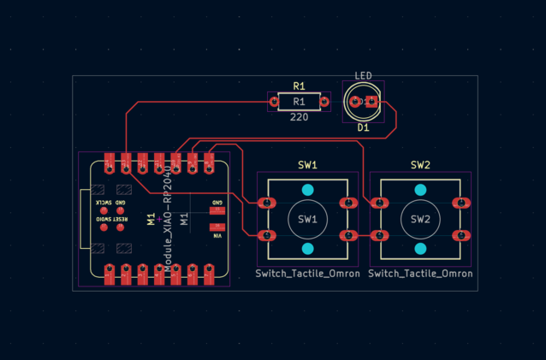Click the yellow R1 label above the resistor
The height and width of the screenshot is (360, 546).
tap(299, 86)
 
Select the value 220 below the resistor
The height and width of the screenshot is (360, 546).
tap(299, 117)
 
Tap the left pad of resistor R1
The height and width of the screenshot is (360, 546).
tap(274, 103)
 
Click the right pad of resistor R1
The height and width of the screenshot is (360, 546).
tap(325, 103)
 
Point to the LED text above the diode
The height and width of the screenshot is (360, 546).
tap(363, 75)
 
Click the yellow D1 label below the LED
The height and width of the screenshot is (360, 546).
tap(363, 127)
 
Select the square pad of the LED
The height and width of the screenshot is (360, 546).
tap(371, 103)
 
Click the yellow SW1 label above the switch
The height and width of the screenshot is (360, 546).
tap(308, 165)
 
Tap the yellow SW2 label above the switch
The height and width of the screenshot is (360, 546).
tap(420, 165)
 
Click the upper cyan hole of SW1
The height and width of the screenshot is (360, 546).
tap(308, 190)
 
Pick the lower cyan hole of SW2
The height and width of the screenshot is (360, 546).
tap(420, 249)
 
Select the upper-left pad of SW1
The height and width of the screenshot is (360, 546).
tap(267, 204)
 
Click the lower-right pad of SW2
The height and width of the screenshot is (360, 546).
tap(462, 235)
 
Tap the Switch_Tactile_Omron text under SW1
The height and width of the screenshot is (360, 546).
tap(308, 274)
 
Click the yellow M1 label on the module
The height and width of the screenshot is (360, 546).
tap(151, 220)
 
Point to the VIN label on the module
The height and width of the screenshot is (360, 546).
tap(217, 235)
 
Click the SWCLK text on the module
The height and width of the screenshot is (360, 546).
tap(104, 203)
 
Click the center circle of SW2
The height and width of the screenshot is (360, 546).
tap(420, 219)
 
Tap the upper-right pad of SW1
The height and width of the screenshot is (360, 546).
tap(348, 204)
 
